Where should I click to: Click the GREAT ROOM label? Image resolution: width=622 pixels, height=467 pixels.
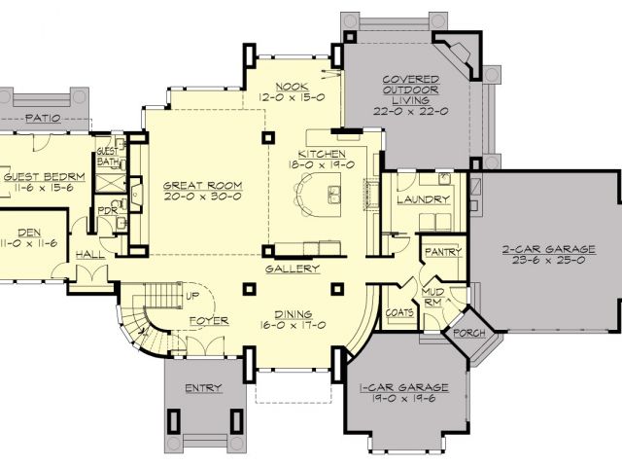pos(203,186)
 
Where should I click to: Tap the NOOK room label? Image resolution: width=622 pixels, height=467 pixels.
pos(292,87)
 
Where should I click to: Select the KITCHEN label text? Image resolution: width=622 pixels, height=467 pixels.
pos(322,154)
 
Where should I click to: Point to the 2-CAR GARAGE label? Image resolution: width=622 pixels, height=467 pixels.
pos(549,249)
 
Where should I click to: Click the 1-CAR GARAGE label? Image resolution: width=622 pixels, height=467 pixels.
pos(404,387)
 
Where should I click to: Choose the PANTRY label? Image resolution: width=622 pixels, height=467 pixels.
pos(443,252)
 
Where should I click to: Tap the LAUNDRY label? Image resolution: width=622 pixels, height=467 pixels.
pos(424,198)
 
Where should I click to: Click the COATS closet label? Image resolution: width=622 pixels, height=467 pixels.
pos(399,313)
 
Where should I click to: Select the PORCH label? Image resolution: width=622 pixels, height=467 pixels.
pos(469,333)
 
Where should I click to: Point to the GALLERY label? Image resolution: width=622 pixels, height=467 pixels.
pos(293,269)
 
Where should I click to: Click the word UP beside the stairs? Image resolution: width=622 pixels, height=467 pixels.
pos(192,296)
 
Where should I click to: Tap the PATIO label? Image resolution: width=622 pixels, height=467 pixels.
pos(43,118)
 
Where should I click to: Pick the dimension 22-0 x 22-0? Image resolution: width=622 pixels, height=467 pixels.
pos(410,111)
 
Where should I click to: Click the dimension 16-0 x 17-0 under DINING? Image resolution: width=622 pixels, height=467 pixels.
pos(294,325)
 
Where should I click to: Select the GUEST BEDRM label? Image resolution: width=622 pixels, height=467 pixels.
pos(44,177)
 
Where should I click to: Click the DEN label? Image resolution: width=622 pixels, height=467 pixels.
pos(29,233)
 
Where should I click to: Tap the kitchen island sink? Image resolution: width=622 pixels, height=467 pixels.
pos(334,195)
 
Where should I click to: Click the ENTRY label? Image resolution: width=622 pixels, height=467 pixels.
pos(203,388)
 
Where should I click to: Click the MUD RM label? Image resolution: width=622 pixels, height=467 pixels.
pos(432,298)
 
